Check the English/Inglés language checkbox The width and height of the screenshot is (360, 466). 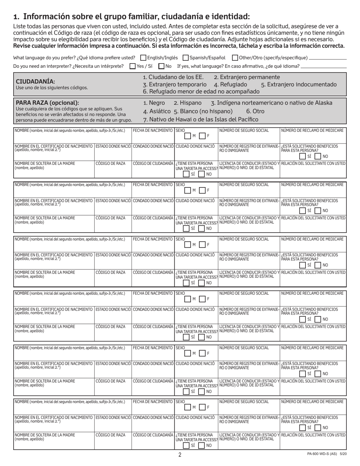pos(143,58)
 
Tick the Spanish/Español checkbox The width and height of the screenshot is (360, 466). pos(186,58)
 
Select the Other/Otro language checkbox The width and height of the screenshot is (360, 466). pos(235,58)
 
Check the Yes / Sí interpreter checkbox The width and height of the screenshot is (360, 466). pos(133,66)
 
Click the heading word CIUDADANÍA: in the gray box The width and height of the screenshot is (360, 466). pos(35,81)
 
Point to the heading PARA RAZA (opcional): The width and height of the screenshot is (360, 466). pos(47,103)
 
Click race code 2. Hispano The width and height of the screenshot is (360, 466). pos(188,103)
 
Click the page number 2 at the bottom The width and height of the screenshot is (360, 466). pos(180,455)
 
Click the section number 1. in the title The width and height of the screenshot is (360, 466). pos(16,16)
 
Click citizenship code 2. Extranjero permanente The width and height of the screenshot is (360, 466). pos(247,77)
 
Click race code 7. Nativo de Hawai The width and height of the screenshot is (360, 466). pos(201,119)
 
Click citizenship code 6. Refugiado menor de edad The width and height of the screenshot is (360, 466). pos(201,91)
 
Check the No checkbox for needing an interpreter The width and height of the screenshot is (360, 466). pos(161,66)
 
